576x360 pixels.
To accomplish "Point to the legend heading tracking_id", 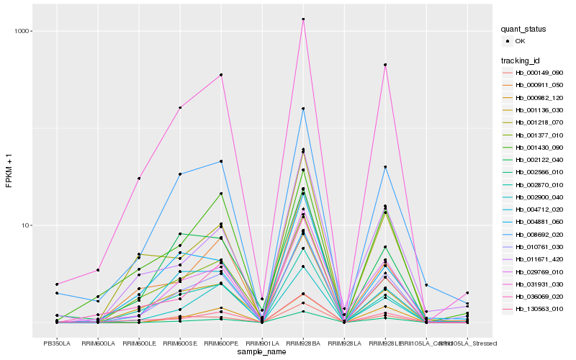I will pyautogui.click(x=521, y=60).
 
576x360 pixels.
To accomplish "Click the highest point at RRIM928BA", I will pyautogui.click(x=303, y=19).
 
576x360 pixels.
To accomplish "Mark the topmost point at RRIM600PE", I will pyautogui.click(x=221, y=75).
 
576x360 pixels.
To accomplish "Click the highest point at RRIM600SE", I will pyautogui.click(x=180, y=107).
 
